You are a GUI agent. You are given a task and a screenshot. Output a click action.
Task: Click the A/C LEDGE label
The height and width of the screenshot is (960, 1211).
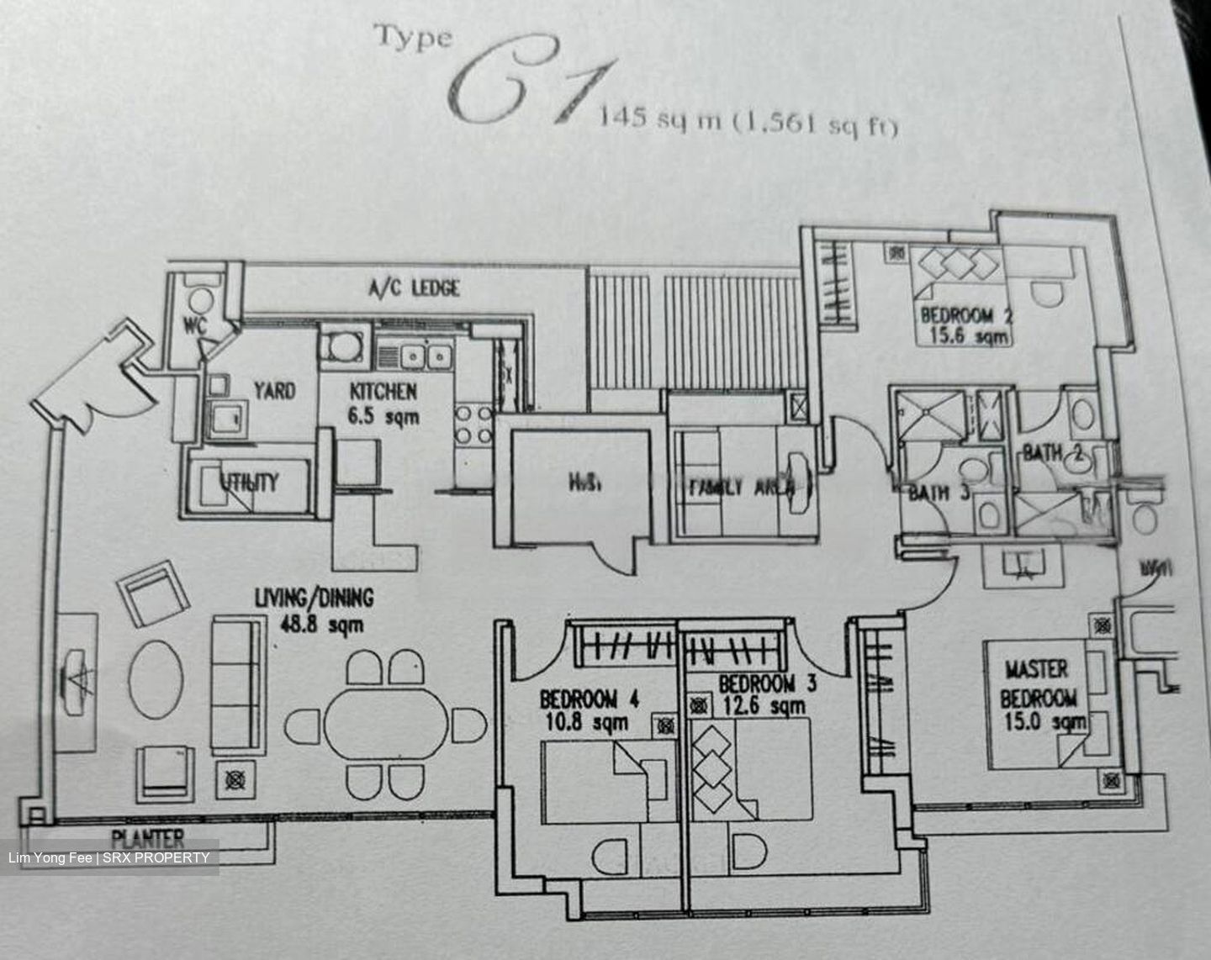click(x=414, y=288)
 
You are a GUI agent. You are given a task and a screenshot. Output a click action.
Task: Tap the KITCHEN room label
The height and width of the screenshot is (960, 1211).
click(x=383, y=391)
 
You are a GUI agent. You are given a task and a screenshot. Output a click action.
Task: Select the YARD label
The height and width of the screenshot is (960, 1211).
click(x=274, y=390)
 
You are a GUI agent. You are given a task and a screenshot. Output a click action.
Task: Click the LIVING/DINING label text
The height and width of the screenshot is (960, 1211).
click(x=314, y=598)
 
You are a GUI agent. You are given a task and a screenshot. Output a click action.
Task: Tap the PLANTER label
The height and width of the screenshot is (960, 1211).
click(x=148, y=837)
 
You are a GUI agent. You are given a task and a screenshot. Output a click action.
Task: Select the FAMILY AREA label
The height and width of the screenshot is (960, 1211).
click(x=740, y=487)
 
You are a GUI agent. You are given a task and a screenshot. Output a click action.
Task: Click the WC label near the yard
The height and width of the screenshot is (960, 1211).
click(x=194, y=325)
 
